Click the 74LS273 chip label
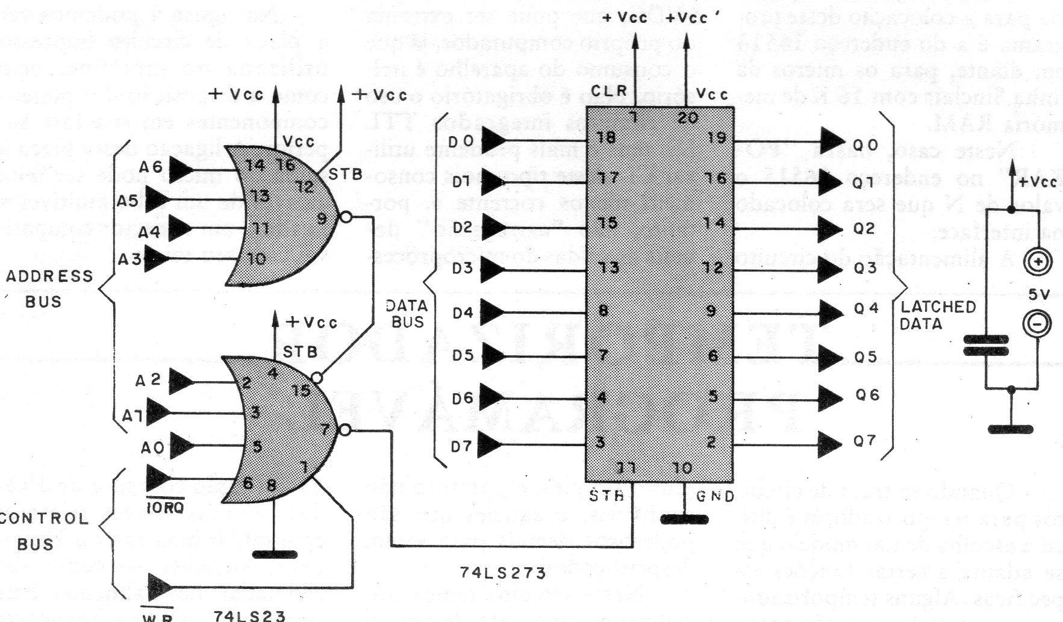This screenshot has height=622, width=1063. coord(502,573)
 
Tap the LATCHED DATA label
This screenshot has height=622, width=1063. coord(938,315)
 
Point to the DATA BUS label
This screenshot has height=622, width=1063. coord(407,314)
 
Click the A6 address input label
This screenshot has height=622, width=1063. coord(151,167)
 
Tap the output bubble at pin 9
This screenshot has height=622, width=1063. coord(344,217)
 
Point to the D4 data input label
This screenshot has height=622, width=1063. coord(463,313)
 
